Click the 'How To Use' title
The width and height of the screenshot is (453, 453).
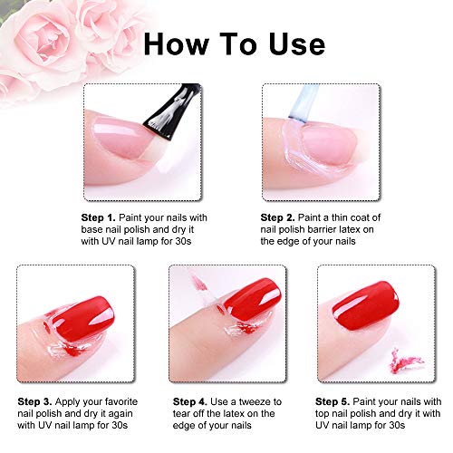coord(235,44)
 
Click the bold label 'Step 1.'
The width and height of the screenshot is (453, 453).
coord(98,217)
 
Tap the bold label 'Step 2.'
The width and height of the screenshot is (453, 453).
coord(277,217)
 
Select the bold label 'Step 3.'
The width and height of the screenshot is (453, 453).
coord(34,401)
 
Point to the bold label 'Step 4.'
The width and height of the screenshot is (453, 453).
coord(190,401)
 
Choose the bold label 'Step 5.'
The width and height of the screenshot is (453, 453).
coord(333,401)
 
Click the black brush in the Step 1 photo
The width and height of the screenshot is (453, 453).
coord(174,111)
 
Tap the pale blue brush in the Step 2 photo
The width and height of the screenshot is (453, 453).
coord(304,103)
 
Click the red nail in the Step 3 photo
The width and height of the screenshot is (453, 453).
coord(81,319)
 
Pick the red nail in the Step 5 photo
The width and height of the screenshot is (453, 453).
coord(365,305)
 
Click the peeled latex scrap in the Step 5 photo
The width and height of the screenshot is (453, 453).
coord(405,361)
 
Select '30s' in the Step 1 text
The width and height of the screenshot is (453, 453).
coord(183,241)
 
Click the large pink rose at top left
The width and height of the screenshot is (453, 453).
coord(45,39)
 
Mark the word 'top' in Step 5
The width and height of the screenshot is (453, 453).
coord(323,414)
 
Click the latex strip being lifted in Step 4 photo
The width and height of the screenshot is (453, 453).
coord(202,287)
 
